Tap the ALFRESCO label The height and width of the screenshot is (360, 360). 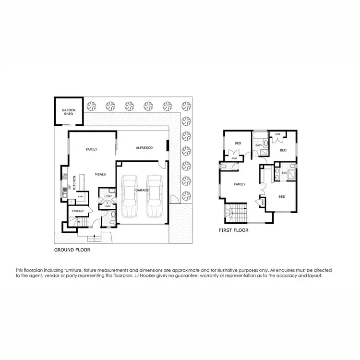pos(144,148)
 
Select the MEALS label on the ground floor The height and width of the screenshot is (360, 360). pos(100,174)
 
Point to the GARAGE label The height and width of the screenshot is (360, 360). pos(142,190)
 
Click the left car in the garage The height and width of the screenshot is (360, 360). pos(130,196)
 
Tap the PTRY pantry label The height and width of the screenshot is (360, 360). pos(81,196)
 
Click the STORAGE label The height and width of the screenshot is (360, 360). pos(78,211)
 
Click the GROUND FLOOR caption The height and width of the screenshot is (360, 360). pos(72,250)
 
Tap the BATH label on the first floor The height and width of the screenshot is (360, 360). pos(259,145)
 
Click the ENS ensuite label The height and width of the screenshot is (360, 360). pos(284,172)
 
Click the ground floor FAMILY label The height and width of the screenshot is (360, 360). pos(91,149)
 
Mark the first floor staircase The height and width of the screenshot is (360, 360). pos(236,212)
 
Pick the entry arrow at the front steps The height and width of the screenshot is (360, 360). pos(94,235)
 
